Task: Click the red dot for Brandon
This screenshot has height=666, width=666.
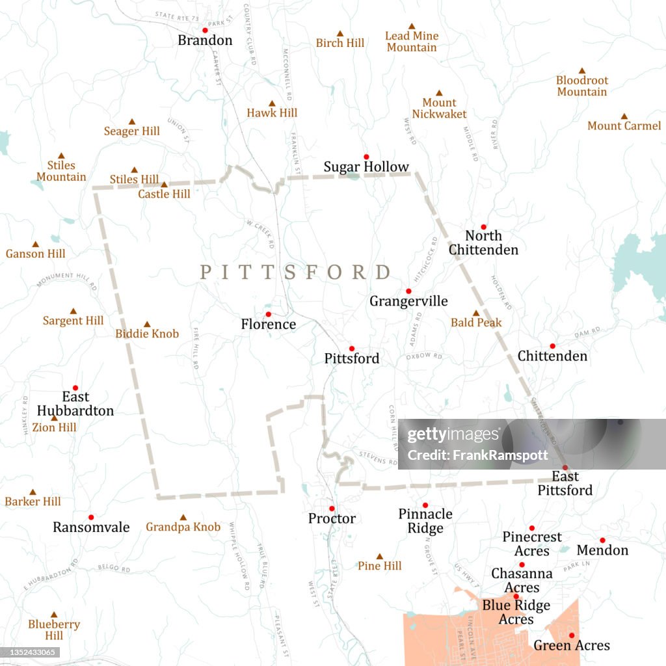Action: pyautogui.click(x=205, y=30)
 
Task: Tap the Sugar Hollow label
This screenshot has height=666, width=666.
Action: pyautogui.click(x=366, y=167)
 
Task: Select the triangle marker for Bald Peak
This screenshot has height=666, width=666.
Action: pyautogui.click(x=475, y=313)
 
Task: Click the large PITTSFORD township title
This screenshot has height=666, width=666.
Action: pyautogui.click(x=295, y=272)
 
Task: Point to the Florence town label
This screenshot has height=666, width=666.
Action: pyautogui.click(x=268, y=324)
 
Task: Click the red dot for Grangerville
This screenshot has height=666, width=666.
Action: pyautogui.click(x=408, y=291)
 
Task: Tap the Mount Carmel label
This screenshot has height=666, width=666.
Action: pyautogui.click(x=624, y=126)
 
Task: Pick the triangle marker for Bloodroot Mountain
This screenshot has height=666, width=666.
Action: pyautogui.click(x=582, y=70)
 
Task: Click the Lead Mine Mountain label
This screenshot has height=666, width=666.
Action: pyautogui.click(x=412, y=42)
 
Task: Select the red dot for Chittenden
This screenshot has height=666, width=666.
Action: pyautogui.click(x=552, y=346)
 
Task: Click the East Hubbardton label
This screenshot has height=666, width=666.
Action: pyautogui.click(x=75, y=403)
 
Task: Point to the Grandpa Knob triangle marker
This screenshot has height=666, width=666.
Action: pyautogui.click(x=183, y=517)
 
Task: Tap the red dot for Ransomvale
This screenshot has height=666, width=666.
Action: pyautogui.click(x=91, y=517)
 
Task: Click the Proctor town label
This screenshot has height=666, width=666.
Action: pyautogui.click(x=332, y=518)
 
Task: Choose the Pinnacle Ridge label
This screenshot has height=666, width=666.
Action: pyautogui.click(x=425, y=521)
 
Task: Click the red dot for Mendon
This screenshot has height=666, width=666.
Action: pyautogui.click(x=602, y=540)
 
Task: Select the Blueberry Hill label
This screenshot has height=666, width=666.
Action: pyautogui.click(x=54, y=630)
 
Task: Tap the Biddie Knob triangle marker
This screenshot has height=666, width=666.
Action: pyautogui.click(x=147, y=324)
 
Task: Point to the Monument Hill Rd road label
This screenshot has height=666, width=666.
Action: pyautogui.click(x=66, y=281)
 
